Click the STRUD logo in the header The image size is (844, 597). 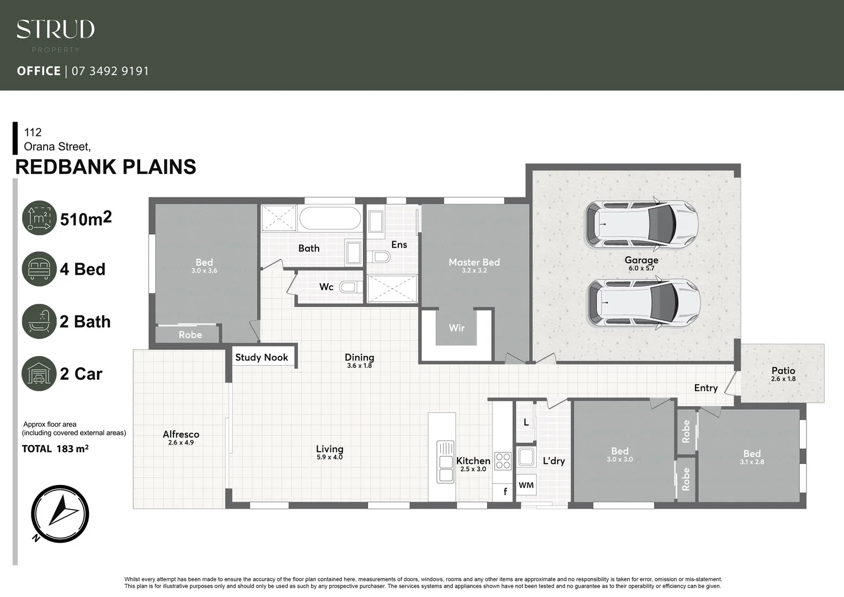click(55, 30)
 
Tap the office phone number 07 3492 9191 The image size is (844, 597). click(110, 71)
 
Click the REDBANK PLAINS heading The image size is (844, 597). click(106, 167)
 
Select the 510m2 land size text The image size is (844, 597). click(86, 219)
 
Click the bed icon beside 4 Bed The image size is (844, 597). click(39, 269)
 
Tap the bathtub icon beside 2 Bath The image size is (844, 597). click(39, 321)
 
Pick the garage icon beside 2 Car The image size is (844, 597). click(39, 374)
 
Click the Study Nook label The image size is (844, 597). click(262, 357)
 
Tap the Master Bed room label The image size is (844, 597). click(474, 263)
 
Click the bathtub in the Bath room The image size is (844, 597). click(330, 218)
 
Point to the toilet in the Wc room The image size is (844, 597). click(349, 287)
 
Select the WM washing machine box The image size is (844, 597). click(526, 485)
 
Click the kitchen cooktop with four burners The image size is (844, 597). click(503, 461)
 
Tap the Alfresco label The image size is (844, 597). click(181, 434)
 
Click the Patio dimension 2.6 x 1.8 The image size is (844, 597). click(783, 379)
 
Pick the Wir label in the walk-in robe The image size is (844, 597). click(456, 328)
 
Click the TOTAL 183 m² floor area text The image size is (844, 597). click(55, 449)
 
